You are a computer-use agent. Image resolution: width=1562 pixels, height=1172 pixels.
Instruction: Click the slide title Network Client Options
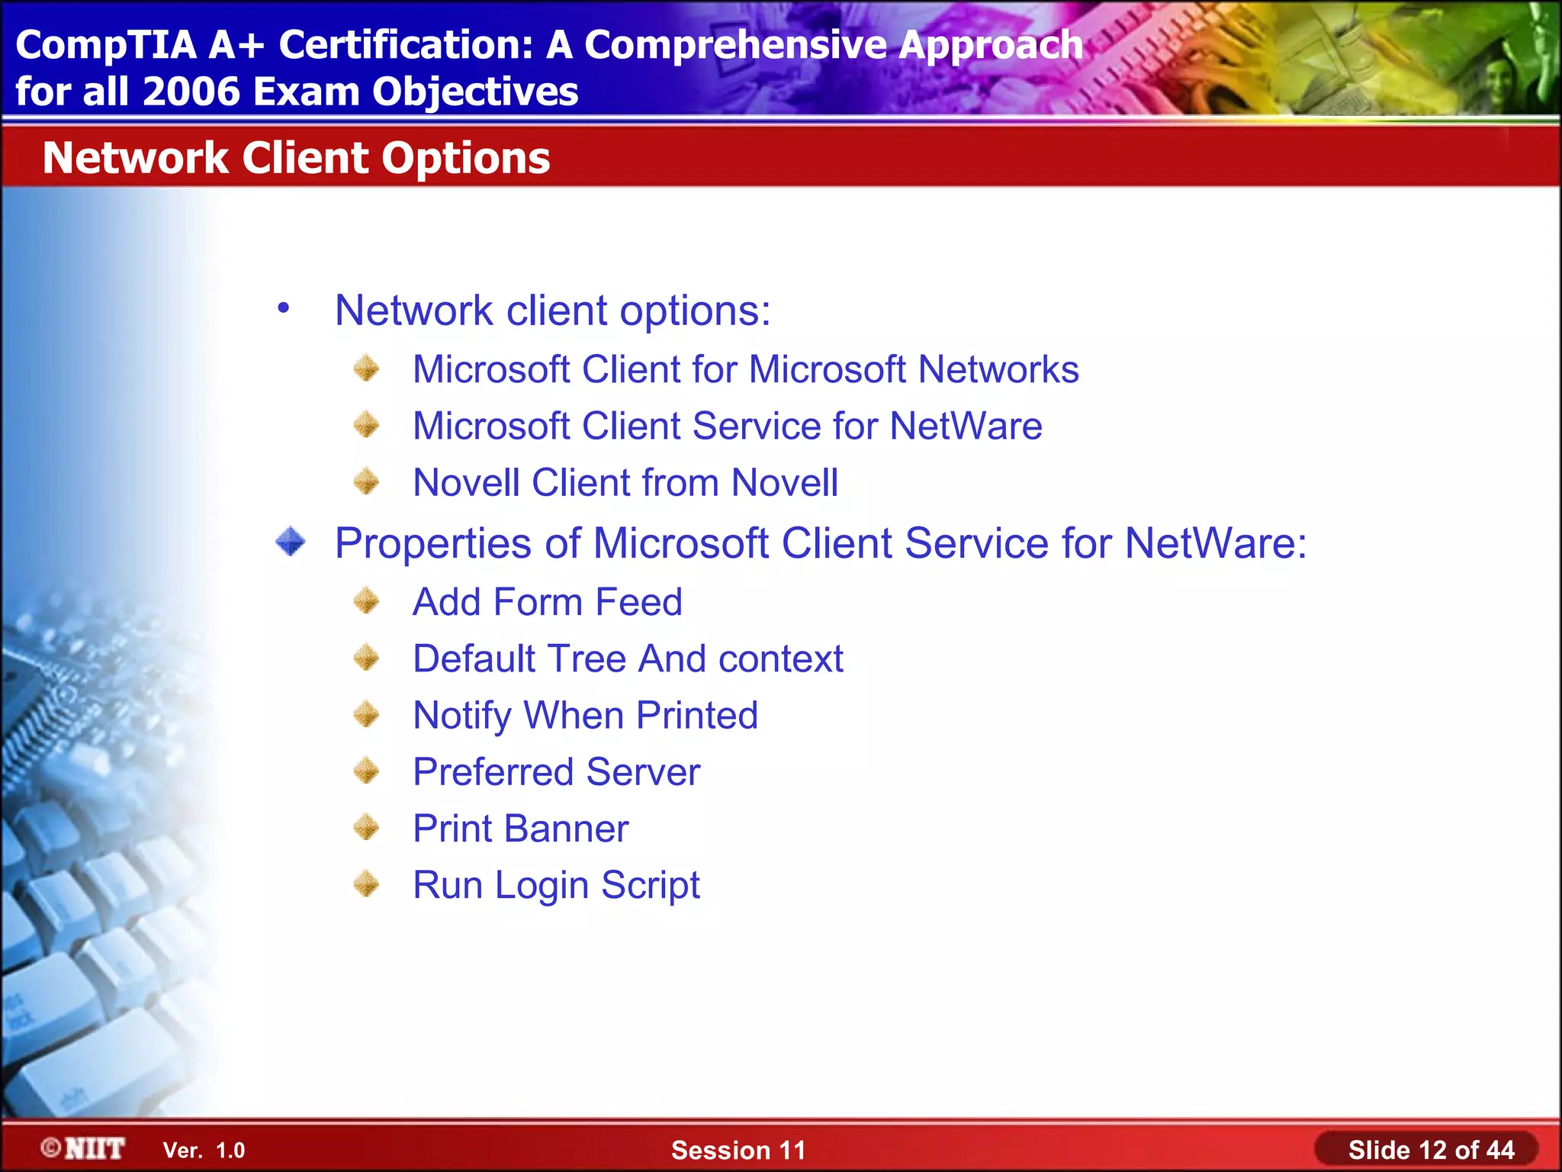click(x=296, y=158)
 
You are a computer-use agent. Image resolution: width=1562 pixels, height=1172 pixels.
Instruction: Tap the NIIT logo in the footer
click(x=84, y=1148)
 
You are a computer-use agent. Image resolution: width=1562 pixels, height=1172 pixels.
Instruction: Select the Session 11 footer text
click(x=738, y=1150)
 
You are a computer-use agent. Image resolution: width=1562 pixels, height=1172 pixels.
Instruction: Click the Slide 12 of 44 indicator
click(x=1431, y=1150)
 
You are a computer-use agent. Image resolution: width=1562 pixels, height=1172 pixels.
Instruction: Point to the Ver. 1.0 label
click(x=204, y=1151)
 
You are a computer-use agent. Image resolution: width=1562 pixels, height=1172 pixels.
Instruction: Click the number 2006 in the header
click(x=191, y=92)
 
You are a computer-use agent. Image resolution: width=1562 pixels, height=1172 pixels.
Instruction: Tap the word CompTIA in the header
click(x=106, y=45)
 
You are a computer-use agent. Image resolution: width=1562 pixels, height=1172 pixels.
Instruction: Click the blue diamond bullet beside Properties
click(x=291, y=542)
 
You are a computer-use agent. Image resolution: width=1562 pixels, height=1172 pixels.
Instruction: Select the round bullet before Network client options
click(x=284, y=308)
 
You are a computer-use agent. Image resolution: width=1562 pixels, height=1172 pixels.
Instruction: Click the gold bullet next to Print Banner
click(x=367, y=827)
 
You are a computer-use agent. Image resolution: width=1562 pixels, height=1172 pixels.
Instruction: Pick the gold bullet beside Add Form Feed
click(x=367, y=601)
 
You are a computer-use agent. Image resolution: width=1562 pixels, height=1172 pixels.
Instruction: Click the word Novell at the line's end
click(x=784, y=483)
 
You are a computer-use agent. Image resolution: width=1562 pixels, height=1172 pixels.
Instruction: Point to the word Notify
click(x=461, y=716)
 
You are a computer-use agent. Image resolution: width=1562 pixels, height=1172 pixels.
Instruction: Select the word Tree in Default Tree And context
click(x=587, y=659)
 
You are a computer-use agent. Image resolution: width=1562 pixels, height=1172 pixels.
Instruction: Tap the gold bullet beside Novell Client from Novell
click(x=367, y=482)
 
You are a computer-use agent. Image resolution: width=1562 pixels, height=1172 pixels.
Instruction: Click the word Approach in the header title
click(x=990, y=45)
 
